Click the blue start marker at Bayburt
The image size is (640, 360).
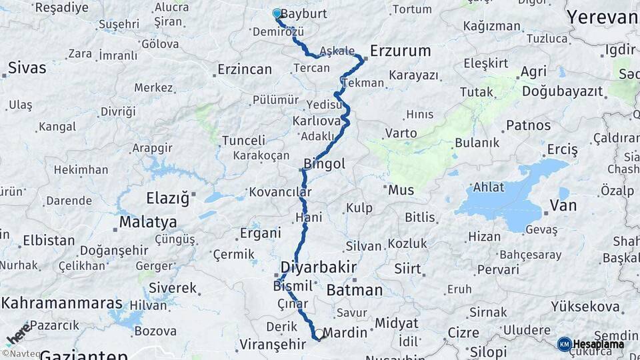(x=277, y=13)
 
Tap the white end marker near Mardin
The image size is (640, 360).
(x=319, y=335)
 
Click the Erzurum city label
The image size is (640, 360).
(x=400, y=51)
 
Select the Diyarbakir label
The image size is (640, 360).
(x=319, y=267)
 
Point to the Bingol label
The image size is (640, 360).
(x=324, y=163)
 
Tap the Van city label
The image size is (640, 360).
(x=563, y=205)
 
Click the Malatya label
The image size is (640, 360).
(x=148, y=221)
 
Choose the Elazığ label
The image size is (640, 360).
(x=168, y=198)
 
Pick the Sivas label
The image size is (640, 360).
(x=27, y=67)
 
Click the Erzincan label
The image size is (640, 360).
(x=245, y=69)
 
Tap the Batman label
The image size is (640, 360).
(x=355, y=290)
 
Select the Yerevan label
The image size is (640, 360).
(x=602, y=17)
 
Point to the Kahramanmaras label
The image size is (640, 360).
(x=62, y=303)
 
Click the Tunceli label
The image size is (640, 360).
(x=243, y=141)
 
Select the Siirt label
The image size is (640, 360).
(x=407, y=269)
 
